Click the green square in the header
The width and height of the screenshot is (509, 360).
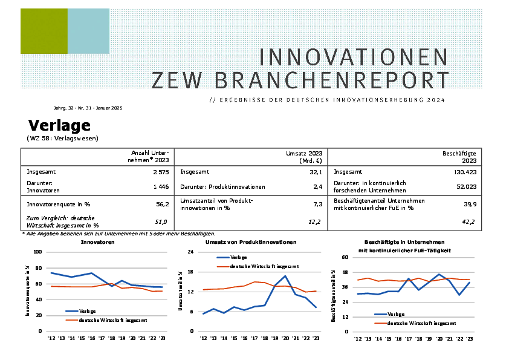[44, 31]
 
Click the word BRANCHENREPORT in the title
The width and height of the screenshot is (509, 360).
[332, 80]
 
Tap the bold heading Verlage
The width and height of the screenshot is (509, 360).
[59, 125]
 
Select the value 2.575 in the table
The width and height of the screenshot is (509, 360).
[161, 172]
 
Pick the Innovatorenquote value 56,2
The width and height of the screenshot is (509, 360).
[162, 205]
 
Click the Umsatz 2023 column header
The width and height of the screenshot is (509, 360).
[304, 157]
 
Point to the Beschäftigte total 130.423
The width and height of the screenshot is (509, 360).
[465, 172]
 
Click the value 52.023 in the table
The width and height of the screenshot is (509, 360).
[467, 187]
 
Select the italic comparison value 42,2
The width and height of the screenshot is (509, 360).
[468, 222]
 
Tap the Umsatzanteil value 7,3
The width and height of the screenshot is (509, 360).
[318, 205]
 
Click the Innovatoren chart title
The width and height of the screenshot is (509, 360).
[98, 242]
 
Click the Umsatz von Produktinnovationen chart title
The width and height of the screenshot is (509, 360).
[251, 242]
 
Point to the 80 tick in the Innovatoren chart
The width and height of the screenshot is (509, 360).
[39, 268]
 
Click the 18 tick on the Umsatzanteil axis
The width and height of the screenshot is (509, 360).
[190, 272]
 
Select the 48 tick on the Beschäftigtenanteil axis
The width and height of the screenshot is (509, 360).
[345, 272]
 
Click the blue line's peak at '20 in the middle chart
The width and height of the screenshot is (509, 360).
[285, 276]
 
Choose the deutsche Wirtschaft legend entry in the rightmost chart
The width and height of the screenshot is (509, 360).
[415, 323]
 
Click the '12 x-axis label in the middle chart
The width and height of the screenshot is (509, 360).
[204, 338]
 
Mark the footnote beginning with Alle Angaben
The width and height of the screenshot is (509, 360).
[119, 234]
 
